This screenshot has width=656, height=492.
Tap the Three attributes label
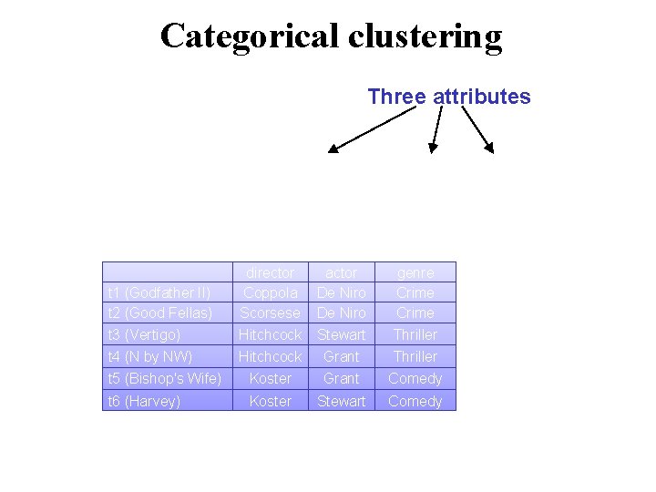click(x=449, y=97)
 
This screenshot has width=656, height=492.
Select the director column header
click(x=271, y=272)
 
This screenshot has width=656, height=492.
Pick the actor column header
click(x=342, y=272)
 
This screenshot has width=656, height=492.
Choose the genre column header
click(x=415, y=272)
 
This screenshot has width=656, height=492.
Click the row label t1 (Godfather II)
click(x=159, y=292)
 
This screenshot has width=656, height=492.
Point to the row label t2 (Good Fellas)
click(x=160, y=313)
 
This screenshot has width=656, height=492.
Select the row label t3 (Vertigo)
click(x=144, y=334)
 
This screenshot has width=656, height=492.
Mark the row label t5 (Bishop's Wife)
click(x=165, y=378)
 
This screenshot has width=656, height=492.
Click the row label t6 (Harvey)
click(x=144, y=401)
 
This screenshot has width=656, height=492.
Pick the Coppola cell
click(x=271, y=292)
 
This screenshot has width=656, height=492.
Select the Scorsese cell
click(x=271, y=313)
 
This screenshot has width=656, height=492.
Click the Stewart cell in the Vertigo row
click(x=342, y=334)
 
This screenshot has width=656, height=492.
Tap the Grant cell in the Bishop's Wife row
click(x=342, y=378)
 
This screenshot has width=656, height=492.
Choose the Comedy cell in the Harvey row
click(x=415, y=401)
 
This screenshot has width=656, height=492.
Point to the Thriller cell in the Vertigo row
click(x=415, y=334)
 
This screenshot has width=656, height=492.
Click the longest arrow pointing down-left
click(x=376, y=128)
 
